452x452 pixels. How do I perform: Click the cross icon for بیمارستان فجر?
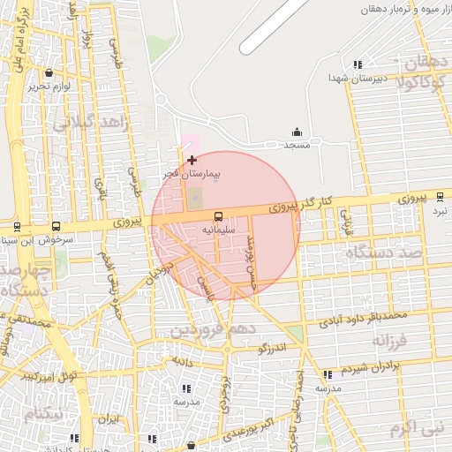click(x=192, y=160)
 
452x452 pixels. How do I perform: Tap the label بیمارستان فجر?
click(x=191, y=174)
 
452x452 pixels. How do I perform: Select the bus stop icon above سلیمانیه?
click(x=217, y=215)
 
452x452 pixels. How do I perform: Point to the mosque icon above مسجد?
click(x=296, y=132)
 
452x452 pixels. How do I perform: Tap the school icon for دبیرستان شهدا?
click(x=358, y=64)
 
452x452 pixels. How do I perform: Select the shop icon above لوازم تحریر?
click(x=47, y=73)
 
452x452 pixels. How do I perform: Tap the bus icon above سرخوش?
click(x=56, y=226)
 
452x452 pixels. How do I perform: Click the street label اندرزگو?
click(x=274, y=349)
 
